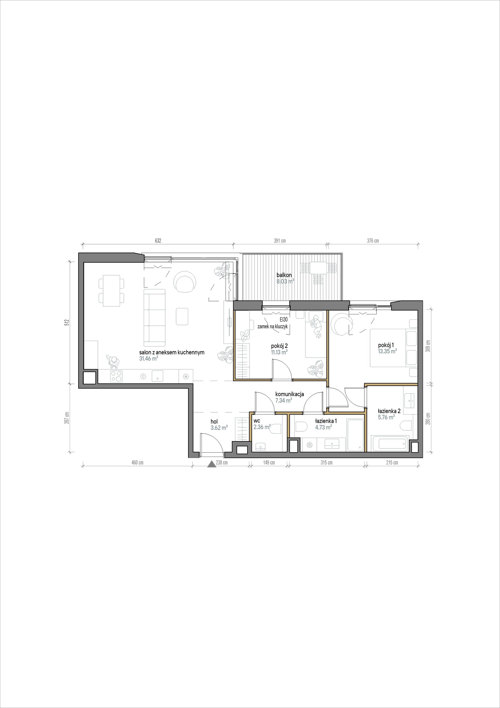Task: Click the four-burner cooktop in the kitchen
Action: point(116,376)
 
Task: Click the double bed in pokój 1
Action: point(393,348)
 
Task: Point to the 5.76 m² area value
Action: point(386,418)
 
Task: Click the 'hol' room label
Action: point(214,422)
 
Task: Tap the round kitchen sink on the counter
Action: point(143,376)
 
